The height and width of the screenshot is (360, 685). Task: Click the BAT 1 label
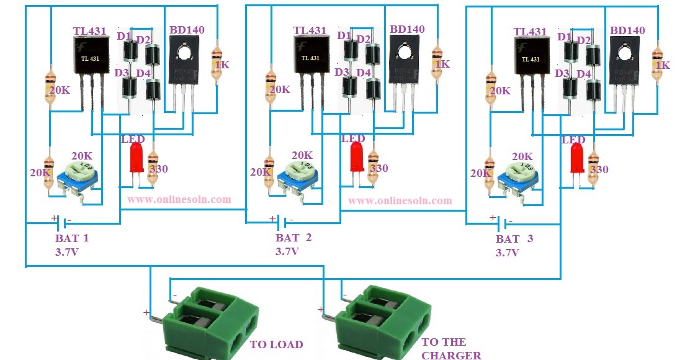click(72, 238)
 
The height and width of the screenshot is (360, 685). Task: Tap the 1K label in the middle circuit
click(442, 64)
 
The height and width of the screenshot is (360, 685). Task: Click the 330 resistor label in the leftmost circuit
click(158, 169)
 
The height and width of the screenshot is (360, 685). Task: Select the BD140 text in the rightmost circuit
click(627, 30)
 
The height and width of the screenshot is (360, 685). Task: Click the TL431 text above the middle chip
click(310, 30)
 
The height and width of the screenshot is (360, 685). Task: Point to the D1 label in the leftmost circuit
click(123, 37)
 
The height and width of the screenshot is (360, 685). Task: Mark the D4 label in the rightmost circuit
click(583, 74)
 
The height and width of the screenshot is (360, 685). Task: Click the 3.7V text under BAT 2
click(287, 252)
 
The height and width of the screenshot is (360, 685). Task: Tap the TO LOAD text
click(276, 344)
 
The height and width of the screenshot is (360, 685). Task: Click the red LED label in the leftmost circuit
click(132, 139)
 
